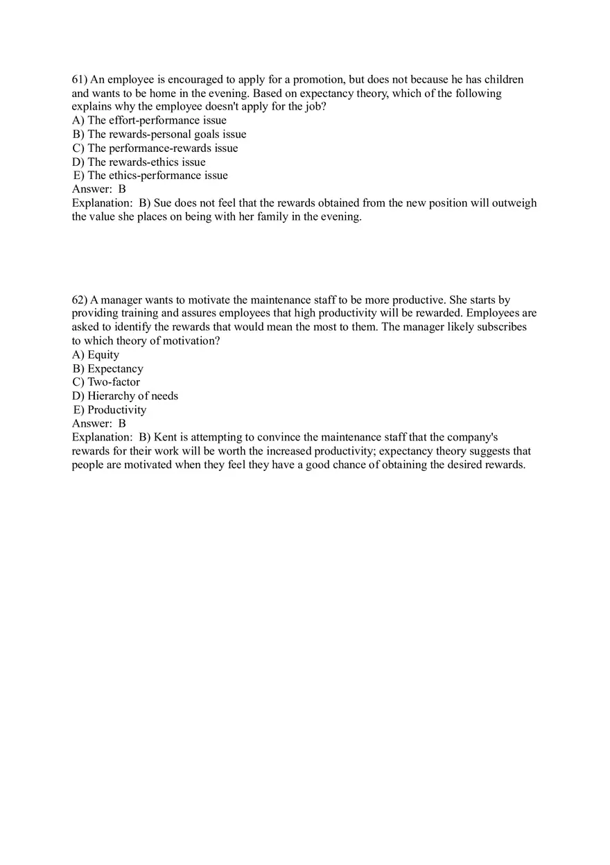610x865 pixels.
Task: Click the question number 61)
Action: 80,80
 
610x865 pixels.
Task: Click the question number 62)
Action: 80,300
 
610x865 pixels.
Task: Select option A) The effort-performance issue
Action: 149,121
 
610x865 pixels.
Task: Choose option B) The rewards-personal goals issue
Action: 159,135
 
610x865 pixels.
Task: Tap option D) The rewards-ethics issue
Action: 139,162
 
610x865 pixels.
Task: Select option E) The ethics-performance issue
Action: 150,175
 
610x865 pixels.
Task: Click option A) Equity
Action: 96,355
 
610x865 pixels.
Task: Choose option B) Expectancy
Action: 107,369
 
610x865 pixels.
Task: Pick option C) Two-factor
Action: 106,382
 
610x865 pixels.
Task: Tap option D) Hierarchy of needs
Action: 125,396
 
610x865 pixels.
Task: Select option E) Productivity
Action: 110,410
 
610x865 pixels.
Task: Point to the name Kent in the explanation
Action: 166,438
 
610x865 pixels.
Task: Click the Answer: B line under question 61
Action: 99,189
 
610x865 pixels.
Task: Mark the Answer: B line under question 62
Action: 99,423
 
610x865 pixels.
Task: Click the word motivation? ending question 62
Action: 196,341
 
